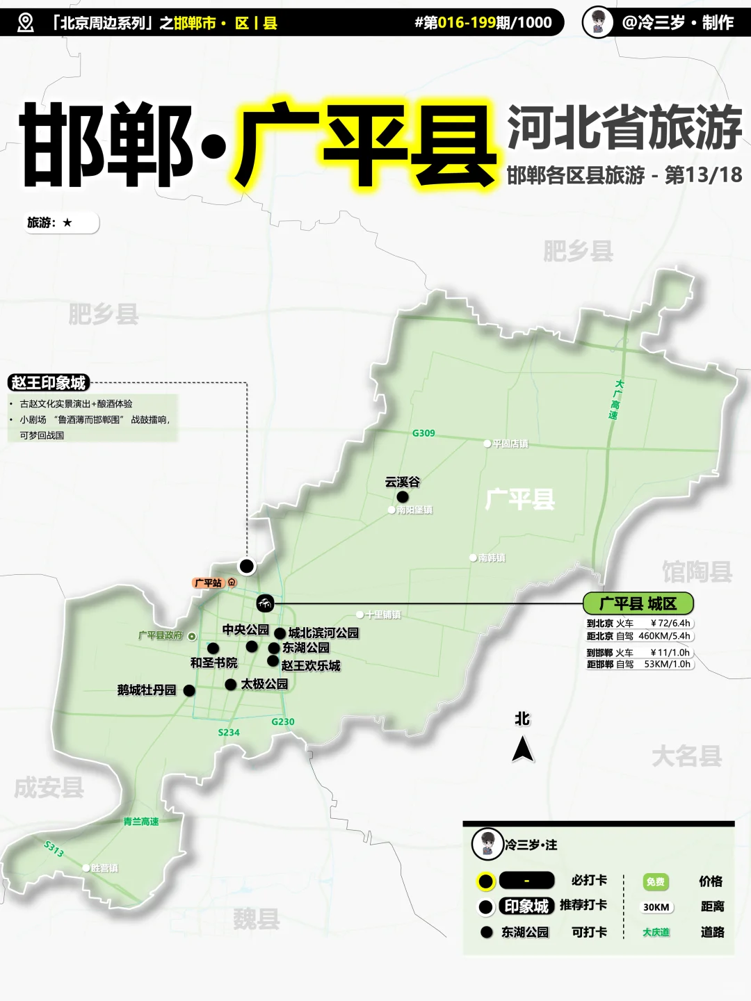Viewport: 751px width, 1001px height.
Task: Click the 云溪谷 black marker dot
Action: click(403, 496)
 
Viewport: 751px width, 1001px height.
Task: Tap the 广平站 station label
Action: click(208, 583)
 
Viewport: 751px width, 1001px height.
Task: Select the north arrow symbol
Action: click(522, 749)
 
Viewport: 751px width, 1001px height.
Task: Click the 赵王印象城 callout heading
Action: click(48, 383)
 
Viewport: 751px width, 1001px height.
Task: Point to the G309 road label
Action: click(423, 433)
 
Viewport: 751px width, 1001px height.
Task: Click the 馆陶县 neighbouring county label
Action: click(697, 572)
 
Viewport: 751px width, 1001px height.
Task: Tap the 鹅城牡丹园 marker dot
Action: click(189, 690)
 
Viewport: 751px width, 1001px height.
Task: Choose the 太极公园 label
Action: click(264, 684)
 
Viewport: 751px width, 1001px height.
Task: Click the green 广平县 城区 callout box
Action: click(638, 603)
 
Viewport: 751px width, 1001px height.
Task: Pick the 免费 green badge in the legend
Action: click(655, 881)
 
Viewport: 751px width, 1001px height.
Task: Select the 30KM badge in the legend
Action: click(656, 907)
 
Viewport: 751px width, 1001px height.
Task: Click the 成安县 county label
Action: click(49, 788)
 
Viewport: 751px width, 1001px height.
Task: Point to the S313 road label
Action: click(54, 848)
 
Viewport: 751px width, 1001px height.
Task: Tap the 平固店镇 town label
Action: click(510, 443)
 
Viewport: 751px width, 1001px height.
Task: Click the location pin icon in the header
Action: click(25, 23)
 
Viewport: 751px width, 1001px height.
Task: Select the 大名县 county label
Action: click(686, 756)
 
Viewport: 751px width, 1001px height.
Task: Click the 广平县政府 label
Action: click(161, 635)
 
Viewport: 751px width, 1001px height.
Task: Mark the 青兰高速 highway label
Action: click(141, 822)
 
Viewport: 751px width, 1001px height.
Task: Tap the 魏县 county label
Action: click(256, 919)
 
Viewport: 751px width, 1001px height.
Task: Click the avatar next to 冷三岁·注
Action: click(487, 845)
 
